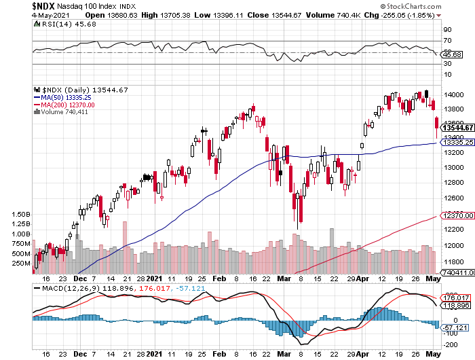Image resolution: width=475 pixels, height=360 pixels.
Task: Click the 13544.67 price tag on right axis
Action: (457, 127)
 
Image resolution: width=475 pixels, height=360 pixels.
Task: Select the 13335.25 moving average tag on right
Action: (457, 143)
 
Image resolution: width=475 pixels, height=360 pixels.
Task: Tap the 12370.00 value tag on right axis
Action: (457, 215)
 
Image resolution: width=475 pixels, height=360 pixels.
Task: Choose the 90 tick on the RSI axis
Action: (447, 30)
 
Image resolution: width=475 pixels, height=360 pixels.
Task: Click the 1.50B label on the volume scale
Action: (20, 214)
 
